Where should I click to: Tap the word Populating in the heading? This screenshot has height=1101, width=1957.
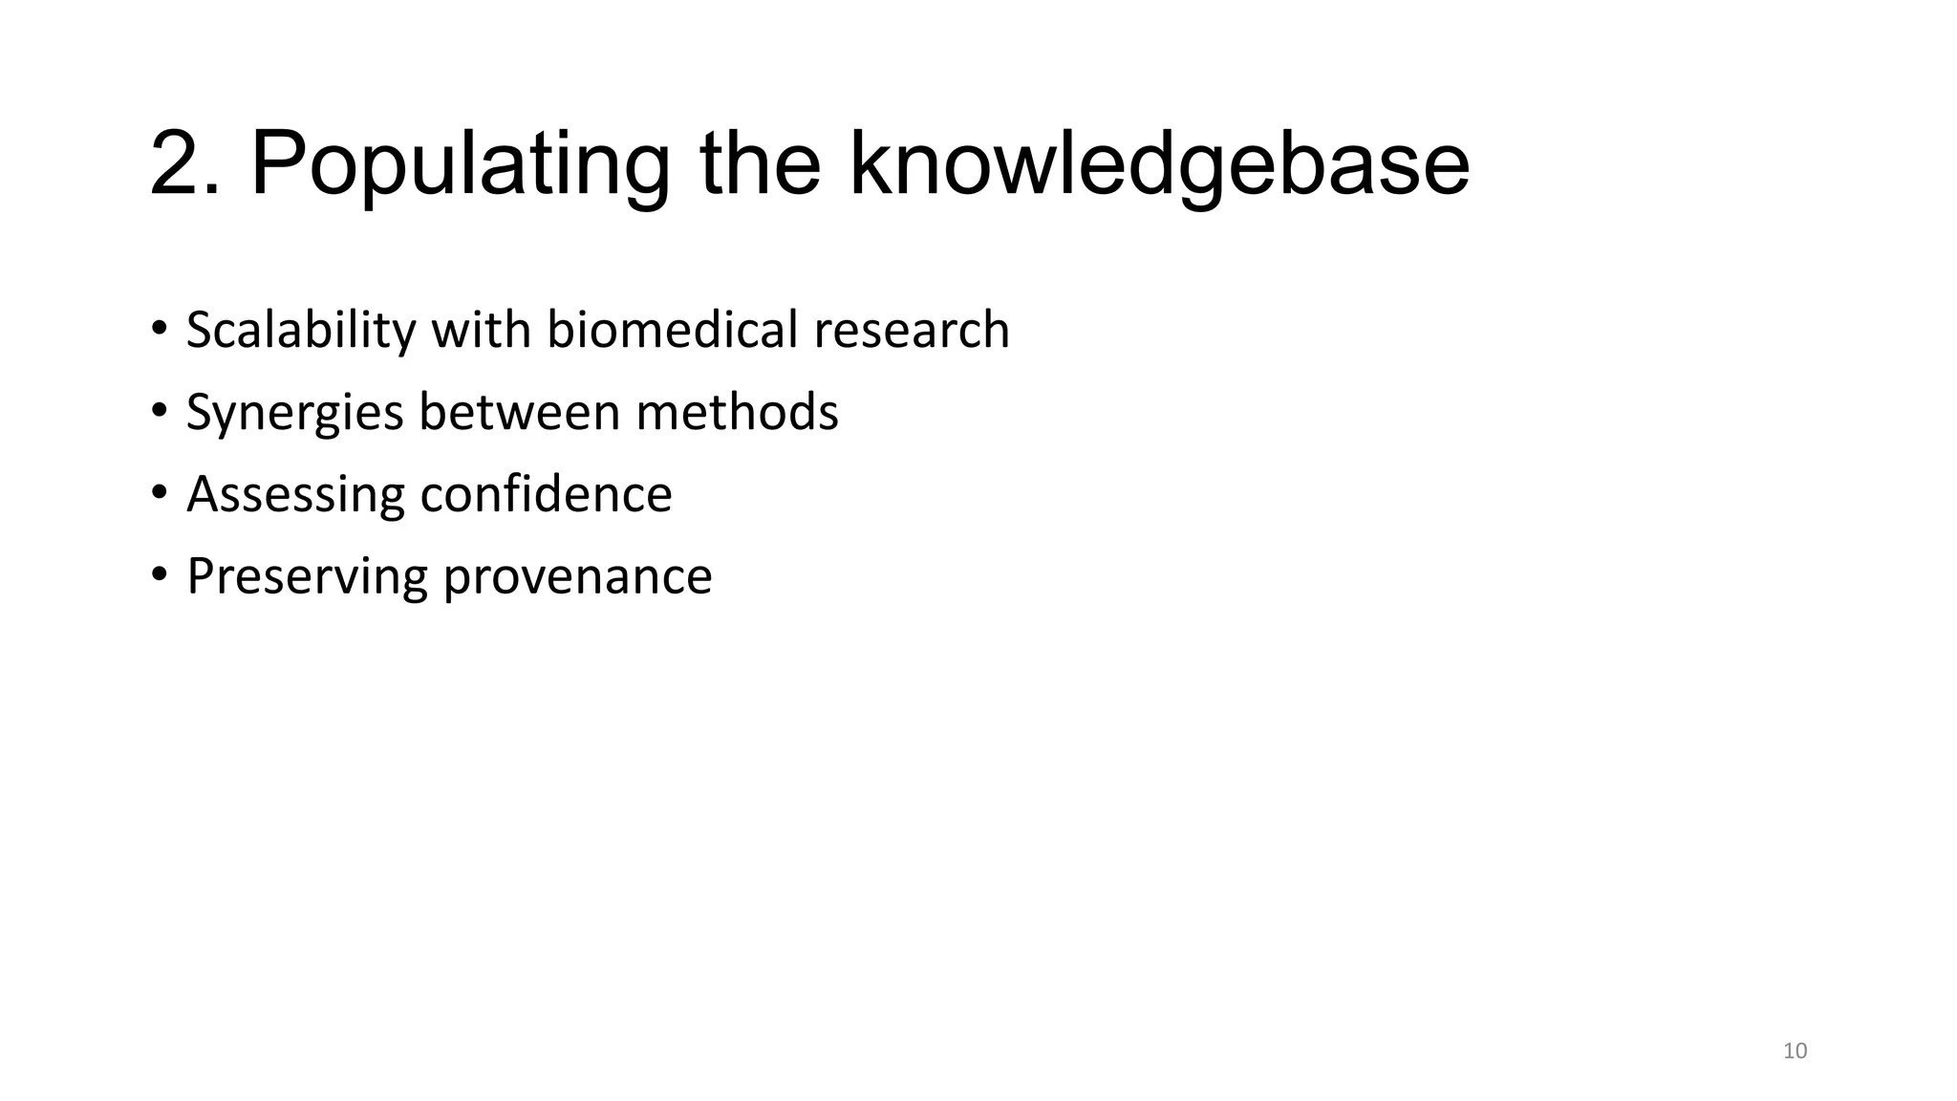click(x=460, y=164)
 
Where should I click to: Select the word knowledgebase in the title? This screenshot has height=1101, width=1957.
click(x=1159, y=164)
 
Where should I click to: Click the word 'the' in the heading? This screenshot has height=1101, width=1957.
click(x=760, y=164)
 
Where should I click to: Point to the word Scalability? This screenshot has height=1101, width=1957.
click(x=301, y=331)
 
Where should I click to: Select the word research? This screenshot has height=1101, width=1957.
click(x=912, y=330)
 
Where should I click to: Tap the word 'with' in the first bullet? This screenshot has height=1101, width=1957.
click(x=482, y=330)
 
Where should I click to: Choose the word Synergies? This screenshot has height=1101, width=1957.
click(x=295, y=413)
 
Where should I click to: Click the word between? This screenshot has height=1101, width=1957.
click(x=520, y=412)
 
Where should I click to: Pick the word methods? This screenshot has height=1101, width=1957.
click(x=737, y=412)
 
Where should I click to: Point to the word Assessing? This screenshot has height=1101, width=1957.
click(x=295, y=495)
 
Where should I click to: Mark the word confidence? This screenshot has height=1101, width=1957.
click(x=546, y=494)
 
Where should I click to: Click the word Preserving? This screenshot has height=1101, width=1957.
click(x=307, y=577)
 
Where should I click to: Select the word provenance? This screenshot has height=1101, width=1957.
click(x=578, y=577)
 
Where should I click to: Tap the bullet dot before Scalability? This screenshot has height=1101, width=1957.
click(x=159, y=328)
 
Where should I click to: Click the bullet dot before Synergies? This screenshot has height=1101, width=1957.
click(x=159, y=410)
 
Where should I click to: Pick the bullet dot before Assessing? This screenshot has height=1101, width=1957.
click(x=159, y=492)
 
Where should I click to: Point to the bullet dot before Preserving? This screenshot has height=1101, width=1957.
click(x=159, y=574)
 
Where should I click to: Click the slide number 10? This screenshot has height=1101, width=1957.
click(x=1796, y=1051)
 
